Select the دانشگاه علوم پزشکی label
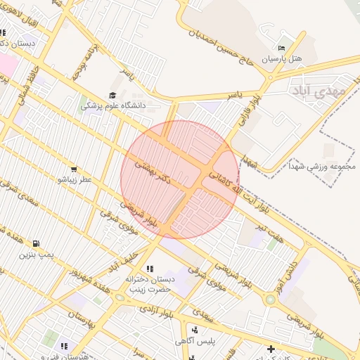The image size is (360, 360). point(112,105)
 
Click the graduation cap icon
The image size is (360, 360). point(112,95)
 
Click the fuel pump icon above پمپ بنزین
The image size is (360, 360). point(36,243)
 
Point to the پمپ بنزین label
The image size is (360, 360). point(37,253)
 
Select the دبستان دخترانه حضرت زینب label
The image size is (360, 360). point(149,283)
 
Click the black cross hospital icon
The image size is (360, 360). point(271,349)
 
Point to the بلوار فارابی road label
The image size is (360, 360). point(247,109)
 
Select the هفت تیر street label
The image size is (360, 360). point(269,232)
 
